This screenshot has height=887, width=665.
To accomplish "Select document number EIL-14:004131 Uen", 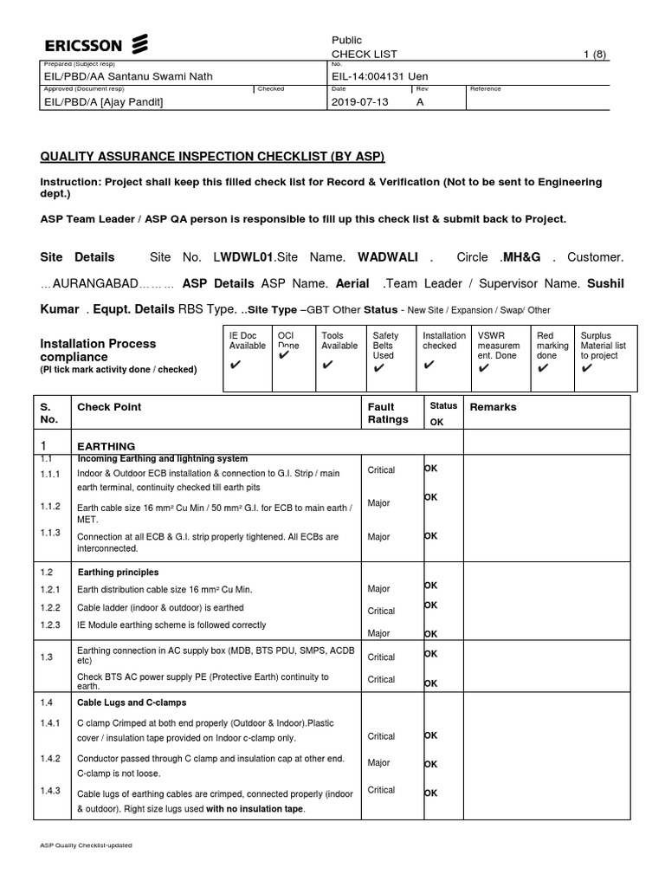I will coord(380,76).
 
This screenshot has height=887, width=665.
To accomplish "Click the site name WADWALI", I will coord(388,257).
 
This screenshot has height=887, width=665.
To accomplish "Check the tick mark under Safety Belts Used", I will coord(377,368).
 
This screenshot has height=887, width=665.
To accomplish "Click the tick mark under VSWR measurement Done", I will coord(483,368).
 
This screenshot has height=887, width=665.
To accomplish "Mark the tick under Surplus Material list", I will coord(588,368).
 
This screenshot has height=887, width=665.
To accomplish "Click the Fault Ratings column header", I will coord(388,413).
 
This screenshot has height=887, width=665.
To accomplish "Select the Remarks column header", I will coord(493,407).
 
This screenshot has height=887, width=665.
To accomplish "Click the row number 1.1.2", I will coord(50,506).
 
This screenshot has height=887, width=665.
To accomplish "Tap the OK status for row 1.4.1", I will coord(430,735).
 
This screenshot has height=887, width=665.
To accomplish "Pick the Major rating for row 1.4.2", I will coord(379,763).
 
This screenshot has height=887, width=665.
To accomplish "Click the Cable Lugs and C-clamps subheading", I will coord(132,702).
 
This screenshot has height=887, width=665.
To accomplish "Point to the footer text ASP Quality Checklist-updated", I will coord(86,845).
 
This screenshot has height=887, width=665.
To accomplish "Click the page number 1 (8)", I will coord(595,54).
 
